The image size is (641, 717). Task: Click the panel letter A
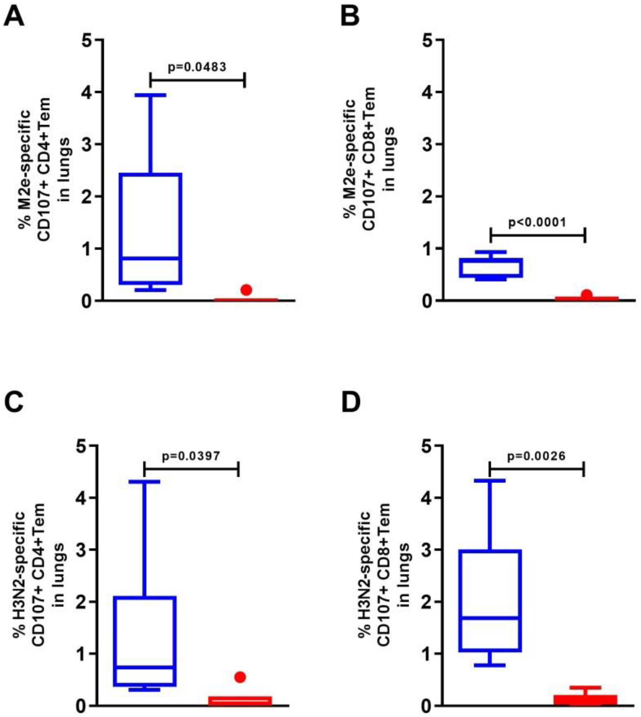14,17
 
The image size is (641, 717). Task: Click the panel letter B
350,17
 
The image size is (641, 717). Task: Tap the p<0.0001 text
537,222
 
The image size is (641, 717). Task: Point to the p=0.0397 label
191,456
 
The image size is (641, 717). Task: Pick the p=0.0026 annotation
536,456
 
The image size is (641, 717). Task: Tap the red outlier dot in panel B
587,294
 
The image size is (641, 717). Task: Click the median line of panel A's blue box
150,258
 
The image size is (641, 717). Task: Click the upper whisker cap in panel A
150,95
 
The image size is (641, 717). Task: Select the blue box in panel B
491,268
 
